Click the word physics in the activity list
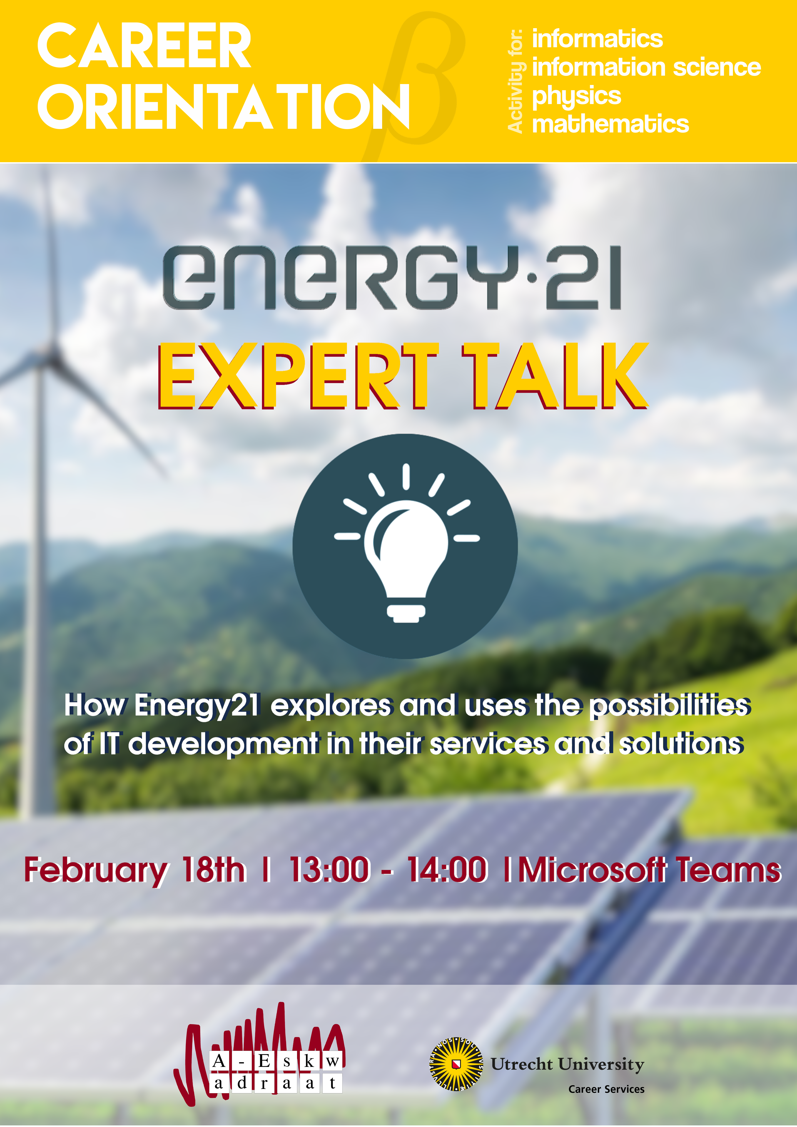pos(577,97)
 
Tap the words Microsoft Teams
pos(650,869)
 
